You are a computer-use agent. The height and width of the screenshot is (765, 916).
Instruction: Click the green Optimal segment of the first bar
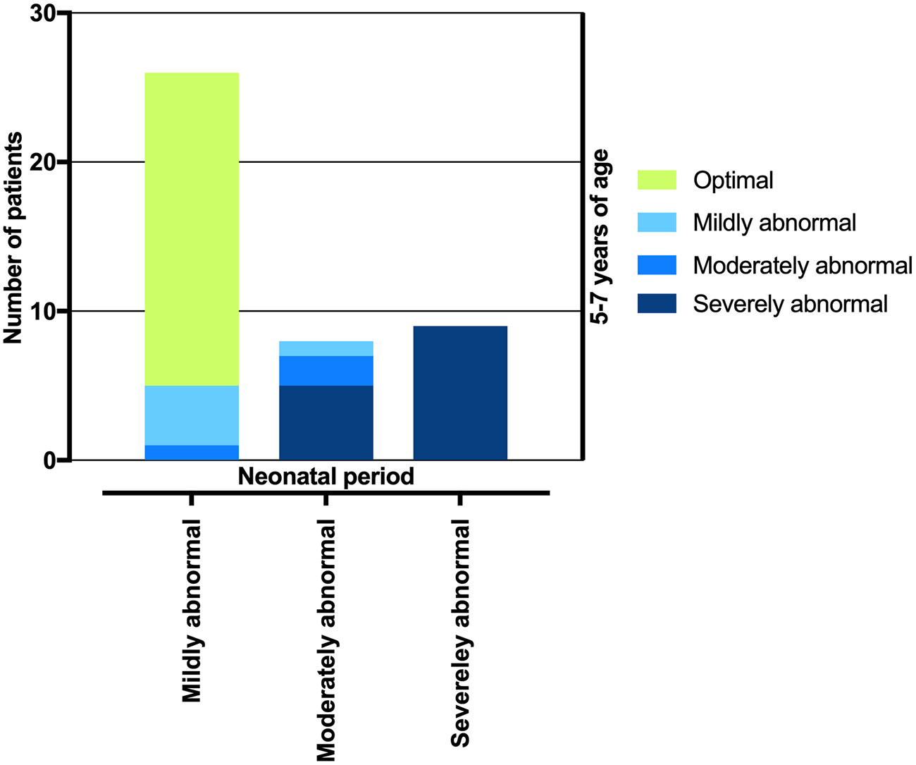[192, 229]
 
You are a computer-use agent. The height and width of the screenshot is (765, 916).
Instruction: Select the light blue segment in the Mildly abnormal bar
[192, 415]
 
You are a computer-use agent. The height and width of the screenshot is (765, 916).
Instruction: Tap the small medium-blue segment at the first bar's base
[192, 453]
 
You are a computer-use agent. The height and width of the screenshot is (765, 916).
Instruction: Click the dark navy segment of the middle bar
[326, 423]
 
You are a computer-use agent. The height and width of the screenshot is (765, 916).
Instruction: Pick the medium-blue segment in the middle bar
[326, 371]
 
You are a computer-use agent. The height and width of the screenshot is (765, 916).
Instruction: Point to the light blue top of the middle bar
[326, 349]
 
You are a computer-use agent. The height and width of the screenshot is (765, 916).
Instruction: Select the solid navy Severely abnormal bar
[460, 393]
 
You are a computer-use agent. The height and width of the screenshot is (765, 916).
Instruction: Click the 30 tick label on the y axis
[44, 14]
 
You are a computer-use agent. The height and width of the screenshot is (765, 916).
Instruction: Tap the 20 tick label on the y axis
[44, 163]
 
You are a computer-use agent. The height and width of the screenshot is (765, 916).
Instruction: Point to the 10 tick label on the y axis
[44, 312]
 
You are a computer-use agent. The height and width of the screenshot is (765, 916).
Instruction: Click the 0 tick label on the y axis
[50, 461]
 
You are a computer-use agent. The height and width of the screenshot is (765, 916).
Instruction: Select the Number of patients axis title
[13, 238]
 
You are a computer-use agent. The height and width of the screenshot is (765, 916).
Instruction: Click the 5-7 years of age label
[600, 237]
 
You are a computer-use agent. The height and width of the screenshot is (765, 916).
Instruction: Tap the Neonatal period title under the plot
[326, 477]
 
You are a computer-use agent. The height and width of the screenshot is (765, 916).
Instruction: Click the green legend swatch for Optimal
[656, 180]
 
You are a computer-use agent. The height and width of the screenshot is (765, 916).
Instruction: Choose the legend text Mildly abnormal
[774, 223]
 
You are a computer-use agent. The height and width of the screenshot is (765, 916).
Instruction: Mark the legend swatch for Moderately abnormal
[656, 265]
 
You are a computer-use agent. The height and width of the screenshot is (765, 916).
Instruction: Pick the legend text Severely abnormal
[790, 304]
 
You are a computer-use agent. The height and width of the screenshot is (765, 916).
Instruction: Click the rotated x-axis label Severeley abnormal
[460, 632]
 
